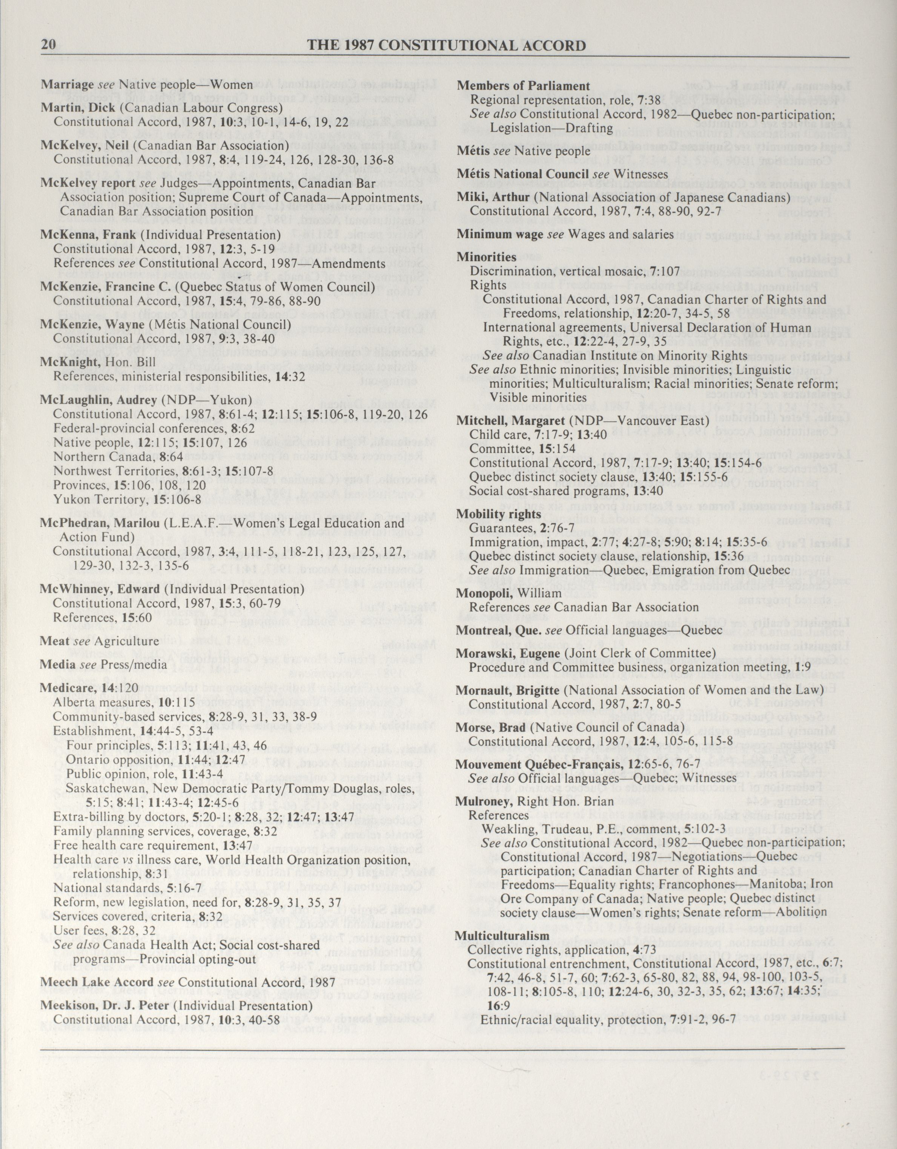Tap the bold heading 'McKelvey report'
coord(89,184)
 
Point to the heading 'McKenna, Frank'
coord(88,235)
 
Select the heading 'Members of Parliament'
coord(523,86)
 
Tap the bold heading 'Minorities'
coord(486,257)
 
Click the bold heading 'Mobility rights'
coord(499,514)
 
